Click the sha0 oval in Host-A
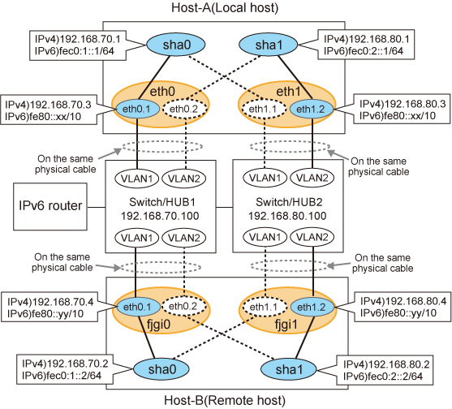(176, 45)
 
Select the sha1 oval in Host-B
(288, 369)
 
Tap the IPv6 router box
(50, 206)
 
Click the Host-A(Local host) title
(225, 7)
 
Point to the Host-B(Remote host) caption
(225, 400)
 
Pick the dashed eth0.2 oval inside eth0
(185, 109)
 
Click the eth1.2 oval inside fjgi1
(312, 308)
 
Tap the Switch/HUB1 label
(162, 202)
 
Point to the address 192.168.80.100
(287, 216)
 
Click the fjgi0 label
(158, 325)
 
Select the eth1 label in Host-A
(288, 92)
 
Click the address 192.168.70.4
(62, 302)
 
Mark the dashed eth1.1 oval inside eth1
(264, 109)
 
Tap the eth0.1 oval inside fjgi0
(137, 308)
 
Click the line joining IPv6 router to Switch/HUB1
(97, 207)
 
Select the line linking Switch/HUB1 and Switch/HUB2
(224, 207)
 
